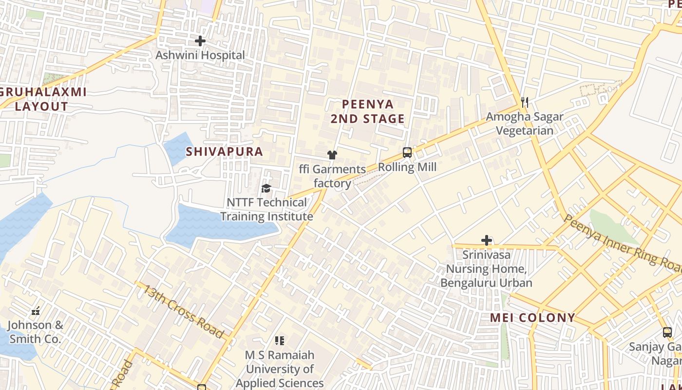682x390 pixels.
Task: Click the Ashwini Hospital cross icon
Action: (x=200, y=41)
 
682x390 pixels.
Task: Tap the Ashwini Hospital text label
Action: (x=200, y=56)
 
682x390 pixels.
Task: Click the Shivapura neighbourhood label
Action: (x=224, y=152)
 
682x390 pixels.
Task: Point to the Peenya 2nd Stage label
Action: (x=368, y=112)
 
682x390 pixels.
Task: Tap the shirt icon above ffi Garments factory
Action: (x=332, y=155)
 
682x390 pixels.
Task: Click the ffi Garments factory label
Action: (x=332, y=176)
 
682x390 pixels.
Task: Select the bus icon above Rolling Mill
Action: (x=407, y=153)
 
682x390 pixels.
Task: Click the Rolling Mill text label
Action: (x=407, y=167)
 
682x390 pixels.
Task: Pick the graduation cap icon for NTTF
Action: (x=266, y=188)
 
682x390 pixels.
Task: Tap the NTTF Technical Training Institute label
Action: (x=267, y=209)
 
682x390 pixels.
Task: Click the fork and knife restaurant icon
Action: (x=525, y=102)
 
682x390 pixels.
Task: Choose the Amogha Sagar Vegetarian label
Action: (x=525, y=123)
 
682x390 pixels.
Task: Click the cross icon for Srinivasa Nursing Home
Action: (x=486, y=240)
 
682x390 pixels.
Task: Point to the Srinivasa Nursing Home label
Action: (x=486, y=269)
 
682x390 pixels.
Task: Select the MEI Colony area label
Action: (x=532, y=318)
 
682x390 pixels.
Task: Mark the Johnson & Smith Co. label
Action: (x=35, y=331)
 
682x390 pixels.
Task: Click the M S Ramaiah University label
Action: (x=280, y=369)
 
